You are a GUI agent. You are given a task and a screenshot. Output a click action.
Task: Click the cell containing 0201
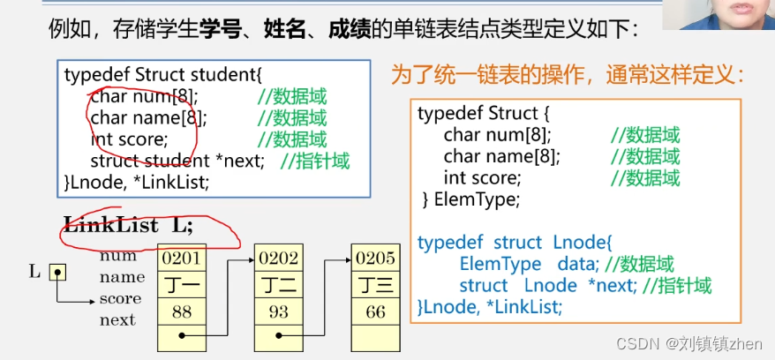point(181,258)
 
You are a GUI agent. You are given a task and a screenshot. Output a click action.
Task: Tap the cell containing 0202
point(278,258)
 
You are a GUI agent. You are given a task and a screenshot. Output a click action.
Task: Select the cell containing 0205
point(375,258)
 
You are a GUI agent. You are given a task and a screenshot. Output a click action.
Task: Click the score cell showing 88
point(181,311)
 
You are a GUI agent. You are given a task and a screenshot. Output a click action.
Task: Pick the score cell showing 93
point(278,311)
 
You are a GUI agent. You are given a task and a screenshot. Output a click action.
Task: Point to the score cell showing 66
point(375,311)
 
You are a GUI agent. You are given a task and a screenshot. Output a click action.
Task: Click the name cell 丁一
point(181,284)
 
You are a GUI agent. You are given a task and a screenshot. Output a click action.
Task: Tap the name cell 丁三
point(375,284)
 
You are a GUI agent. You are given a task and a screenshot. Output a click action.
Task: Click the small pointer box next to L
point(57,272)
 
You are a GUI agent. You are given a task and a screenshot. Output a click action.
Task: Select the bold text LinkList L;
point(128,224)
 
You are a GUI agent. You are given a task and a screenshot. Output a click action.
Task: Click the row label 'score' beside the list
point(120,299)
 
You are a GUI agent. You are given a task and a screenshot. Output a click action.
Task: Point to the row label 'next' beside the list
point(117,320)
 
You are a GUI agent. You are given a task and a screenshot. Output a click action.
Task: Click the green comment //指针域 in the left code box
point(315,161)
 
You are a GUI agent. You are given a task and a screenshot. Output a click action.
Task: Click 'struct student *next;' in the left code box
point(177,161)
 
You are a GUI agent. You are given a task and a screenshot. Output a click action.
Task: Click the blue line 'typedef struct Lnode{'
point(514,242)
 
